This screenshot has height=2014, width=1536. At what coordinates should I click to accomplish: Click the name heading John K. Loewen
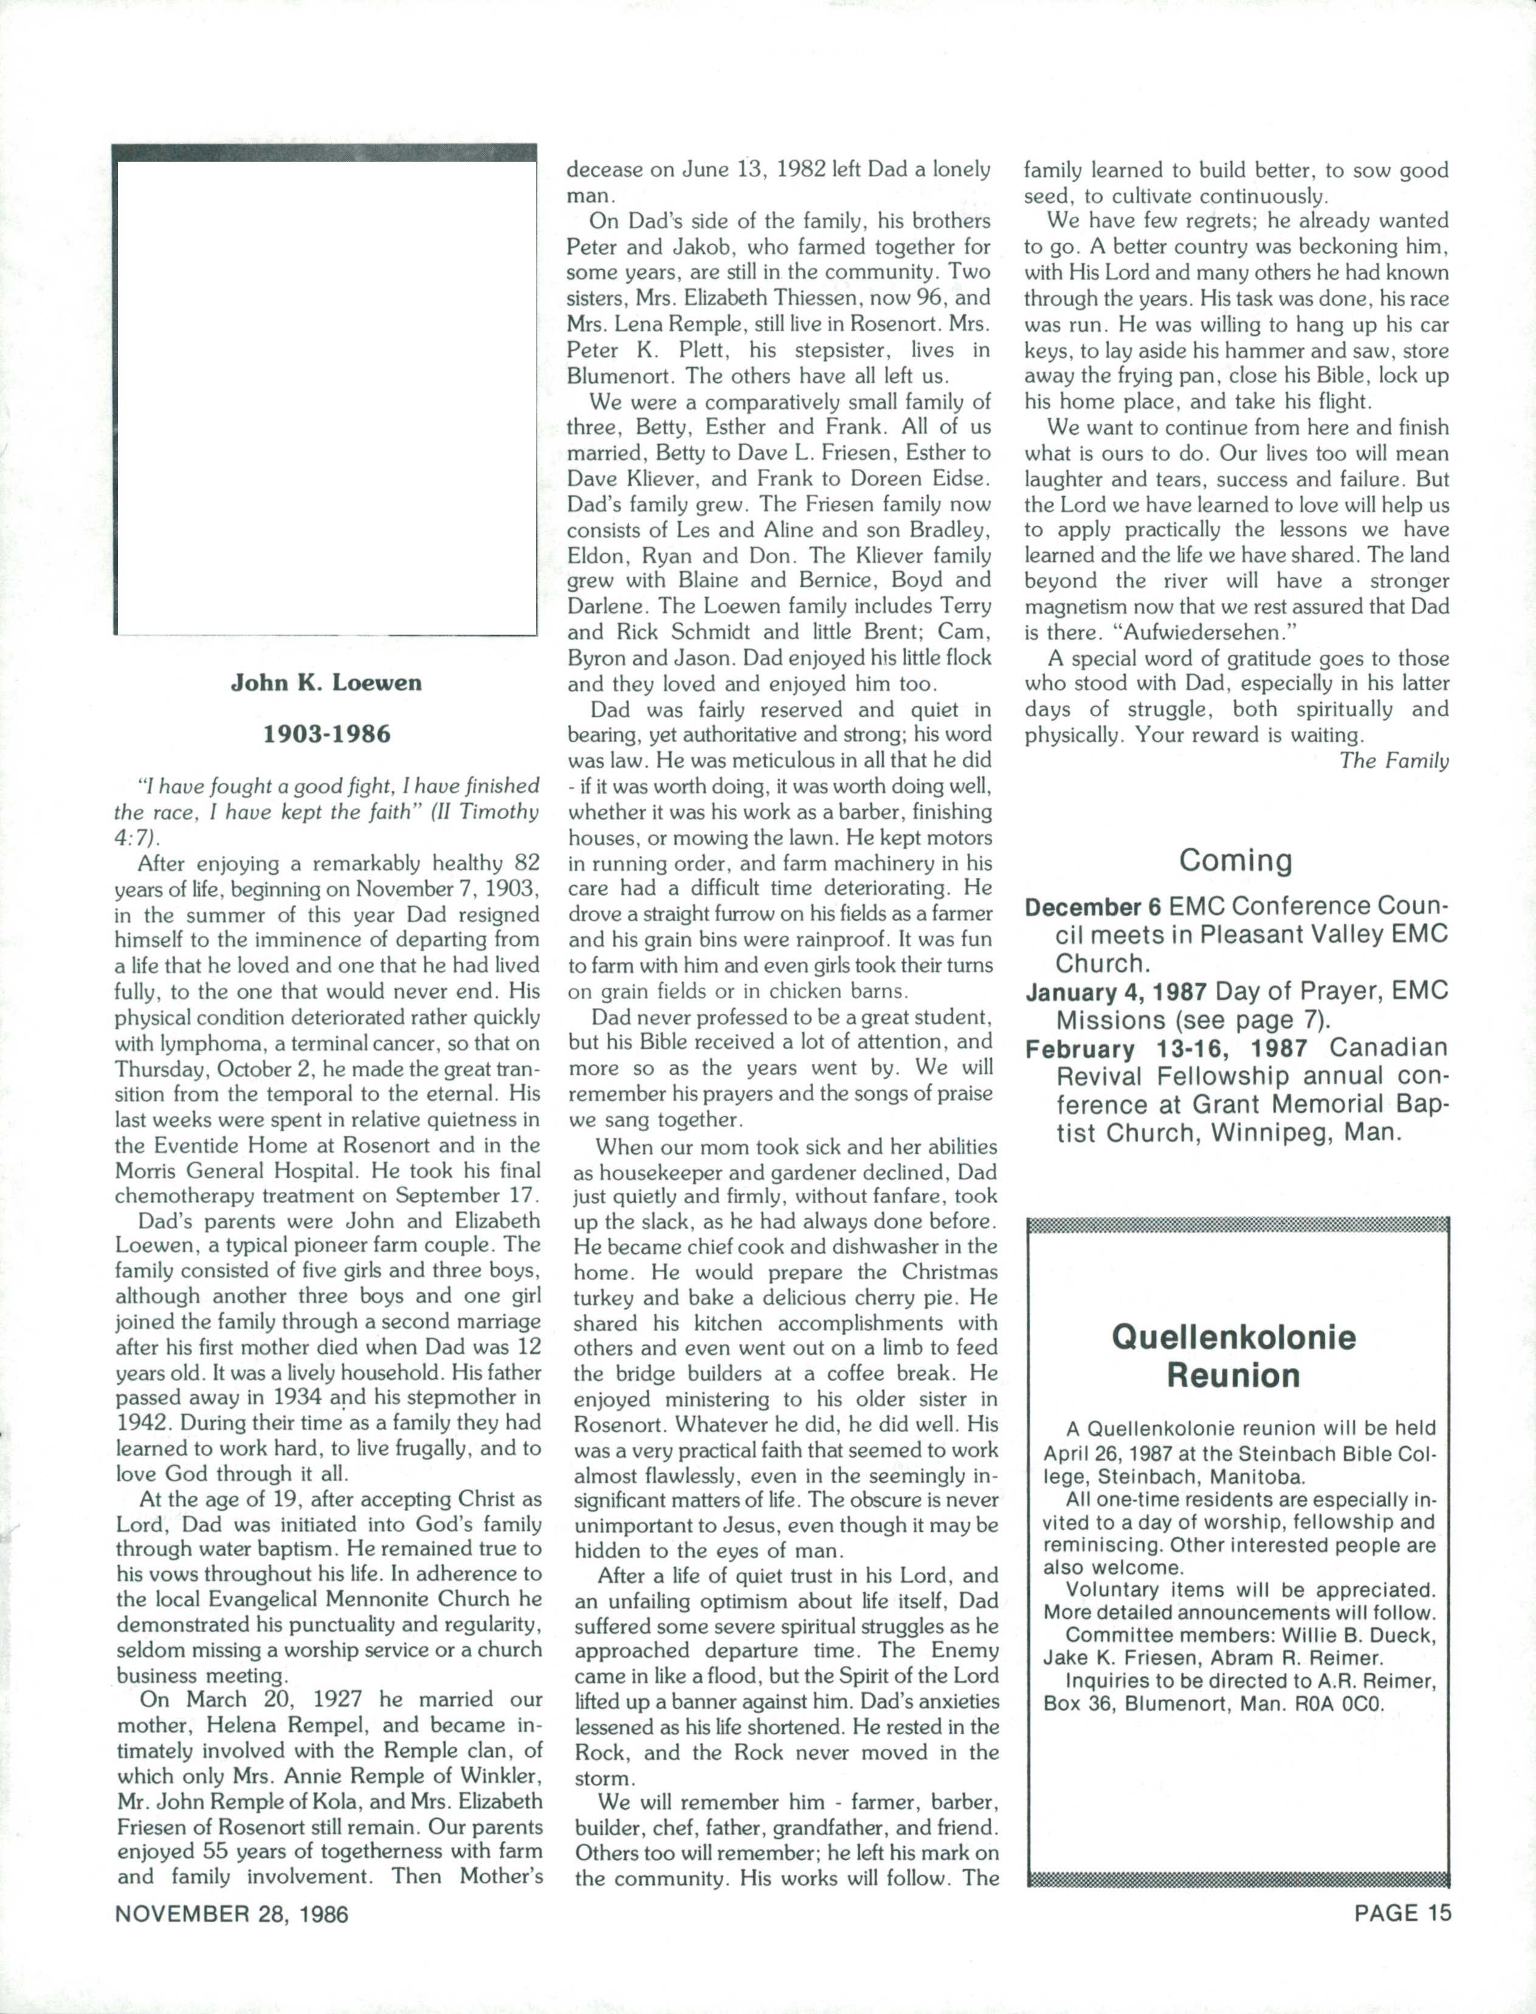326,683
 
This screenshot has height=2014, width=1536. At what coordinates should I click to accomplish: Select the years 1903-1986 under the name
326,734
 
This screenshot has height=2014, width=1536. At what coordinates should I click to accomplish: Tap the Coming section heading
1235,860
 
